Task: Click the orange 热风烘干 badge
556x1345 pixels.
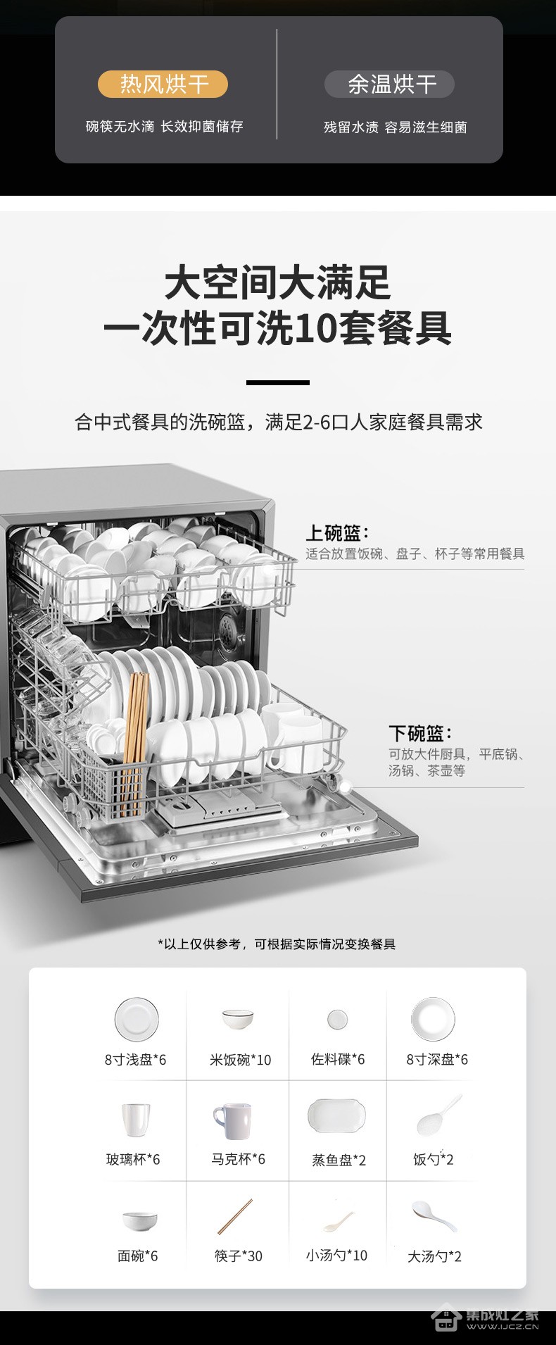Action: point(163,85)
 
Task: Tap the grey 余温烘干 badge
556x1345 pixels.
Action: point(389,85)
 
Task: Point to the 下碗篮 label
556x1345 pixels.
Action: point(421,733)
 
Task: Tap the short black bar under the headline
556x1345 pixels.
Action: point(278,382)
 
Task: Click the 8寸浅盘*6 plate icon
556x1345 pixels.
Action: point(137,1018)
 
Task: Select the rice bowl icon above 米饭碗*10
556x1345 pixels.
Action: point(238,1019)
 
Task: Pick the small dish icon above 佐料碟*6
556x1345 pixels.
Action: point(337,1019)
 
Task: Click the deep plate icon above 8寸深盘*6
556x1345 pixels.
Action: point(433,1018)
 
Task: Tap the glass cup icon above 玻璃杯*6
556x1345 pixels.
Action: point(136,1119)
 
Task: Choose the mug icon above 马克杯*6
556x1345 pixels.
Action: point(232,1120)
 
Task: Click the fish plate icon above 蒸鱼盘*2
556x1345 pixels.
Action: point(337,1116)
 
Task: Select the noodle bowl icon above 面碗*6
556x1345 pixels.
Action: point(140,1220)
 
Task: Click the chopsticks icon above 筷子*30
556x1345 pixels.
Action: point(234,1216)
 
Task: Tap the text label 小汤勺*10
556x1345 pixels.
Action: point(336,1255)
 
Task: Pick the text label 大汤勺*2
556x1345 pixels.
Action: point(434,1256)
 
